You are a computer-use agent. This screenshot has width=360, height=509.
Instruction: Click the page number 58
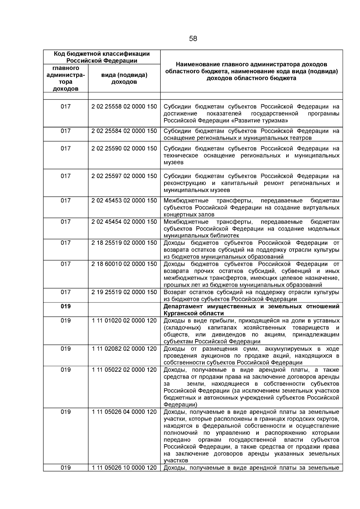[x=193, y=39]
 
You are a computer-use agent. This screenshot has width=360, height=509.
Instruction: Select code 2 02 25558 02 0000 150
[x=124, y=107]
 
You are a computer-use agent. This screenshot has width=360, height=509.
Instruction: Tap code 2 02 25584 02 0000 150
[x=124, y=131]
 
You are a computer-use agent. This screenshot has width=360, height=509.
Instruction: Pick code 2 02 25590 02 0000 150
[x=124, y=148]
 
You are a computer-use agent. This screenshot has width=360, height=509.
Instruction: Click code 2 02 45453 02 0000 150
[x=124, y=201]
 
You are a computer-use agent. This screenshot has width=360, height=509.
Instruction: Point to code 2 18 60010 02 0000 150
[x=124, y=264]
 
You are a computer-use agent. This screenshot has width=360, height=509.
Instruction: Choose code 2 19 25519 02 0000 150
[x=124, y=292]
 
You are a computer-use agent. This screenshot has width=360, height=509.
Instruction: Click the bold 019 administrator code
[x=66, y=306]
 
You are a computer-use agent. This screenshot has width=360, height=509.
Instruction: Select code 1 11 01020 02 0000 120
[x=124, y=320]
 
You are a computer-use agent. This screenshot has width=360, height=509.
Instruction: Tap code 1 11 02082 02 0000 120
[x=124, y=349]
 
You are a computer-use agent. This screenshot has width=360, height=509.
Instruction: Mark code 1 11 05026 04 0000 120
[x=124, y=412]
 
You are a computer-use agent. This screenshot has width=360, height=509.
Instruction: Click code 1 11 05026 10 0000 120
[x=124, y=468]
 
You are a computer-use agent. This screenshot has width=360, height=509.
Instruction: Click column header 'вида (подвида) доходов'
[x=124, y=78]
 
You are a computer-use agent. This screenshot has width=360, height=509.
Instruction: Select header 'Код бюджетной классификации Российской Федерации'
[x=102, y=57]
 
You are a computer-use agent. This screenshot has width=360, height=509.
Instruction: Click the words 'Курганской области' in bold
[x=193, y=313]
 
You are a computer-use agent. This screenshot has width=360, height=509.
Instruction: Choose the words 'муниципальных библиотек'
[x=201, y=236]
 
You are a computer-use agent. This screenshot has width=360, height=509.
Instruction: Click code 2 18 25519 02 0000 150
[x=124, y=243]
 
